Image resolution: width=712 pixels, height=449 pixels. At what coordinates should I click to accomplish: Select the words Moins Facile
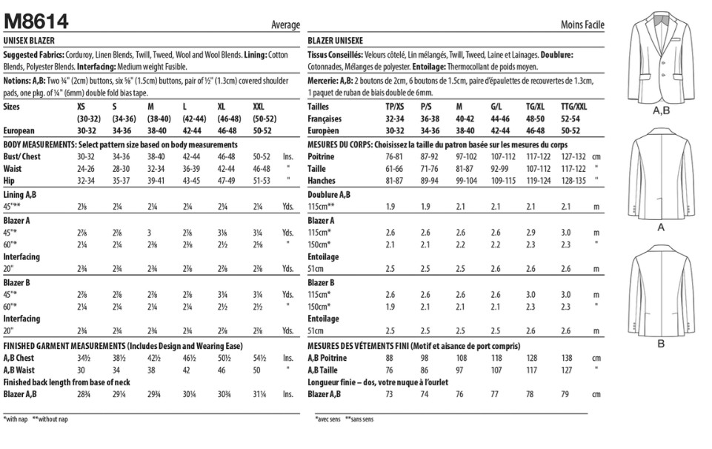(582, 25)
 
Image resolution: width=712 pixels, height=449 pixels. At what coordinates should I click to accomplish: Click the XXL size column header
(259, 107)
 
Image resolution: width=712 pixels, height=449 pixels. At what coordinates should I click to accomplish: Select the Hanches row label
(323, 180)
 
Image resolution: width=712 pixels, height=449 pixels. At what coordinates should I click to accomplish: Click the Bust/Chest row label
(22, 156)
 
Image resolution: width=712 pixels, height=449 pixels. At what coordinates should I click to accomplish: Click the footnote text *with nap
(16, 419)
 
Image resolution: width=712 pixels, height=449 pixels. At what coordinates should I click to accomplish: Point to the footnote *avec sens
(325, 419)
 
